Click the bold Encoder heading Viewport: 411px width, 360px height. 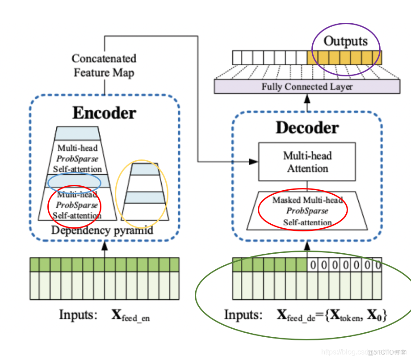[104, 113]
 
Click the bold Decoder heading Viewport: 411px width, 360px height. [307, 128]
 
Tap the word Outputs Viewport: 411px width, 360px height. [345, 42]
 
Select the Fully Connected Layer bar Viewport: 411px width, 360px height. [307, 87]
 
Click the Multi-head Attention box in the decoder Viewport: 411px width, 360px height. [307, 162]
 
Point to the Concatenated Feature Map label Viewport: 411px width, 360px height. [104, 65]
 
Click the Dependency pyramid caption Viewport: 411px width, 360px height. [102, 230]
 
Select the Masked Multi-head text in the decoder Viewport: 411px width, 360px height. [307, 200]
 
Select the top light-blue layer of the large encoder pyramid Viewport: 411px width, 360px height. [77, 133]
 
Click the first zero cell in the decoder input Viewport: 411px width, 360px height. [313, 265]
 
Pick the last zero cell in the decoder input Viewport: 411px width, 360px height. [377, 265]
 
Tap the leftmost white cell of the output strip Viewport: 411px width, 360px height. [237, 58]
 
